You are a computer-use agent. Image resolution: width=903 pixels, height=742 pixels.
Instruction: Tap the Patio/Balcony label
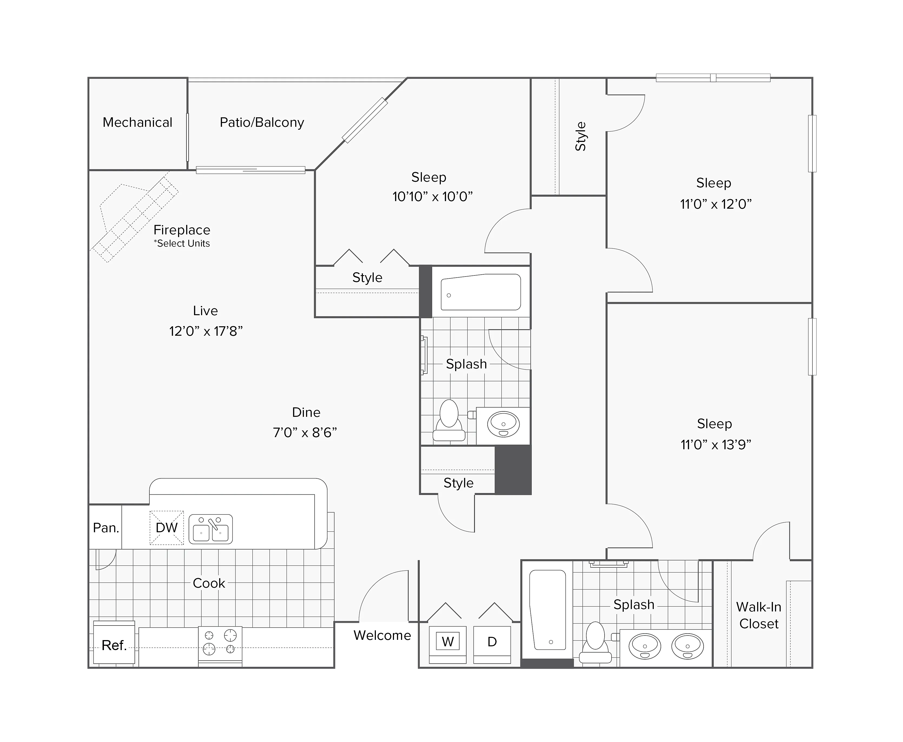click(x=262, y=123)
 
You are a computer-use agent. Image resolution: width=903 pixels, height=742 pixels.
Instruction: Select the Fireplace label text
click(x=182, y=230)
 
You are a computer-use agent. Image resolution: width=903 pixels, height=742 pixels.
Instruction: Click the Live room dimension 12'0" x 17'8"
click(x=206, y=331)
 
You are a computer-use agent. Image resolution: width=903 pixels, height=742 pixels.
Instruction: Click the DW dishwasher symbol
click(x=166, y=528)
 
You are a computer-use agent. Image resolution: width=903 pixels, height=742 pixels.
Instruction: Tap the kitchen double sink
click(x=211, y=529)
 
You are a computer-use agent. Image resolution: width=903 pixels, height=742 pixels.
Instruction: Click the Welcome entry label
click(x=382, y=635)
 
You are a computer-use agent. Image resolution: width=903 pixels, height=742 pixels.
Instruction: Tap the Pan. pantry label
click(x=106, y=528)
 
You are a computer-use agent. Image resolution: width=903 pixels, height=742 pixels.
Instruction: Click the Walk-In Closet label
click(x=759, y=615)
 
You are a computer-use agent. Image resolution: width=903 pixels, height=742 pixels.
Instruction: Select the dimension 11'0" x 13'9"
click(x=716, y=445)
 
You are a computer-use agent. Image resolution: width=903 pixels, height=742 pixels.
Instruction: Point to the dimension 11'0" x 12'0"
click(x=716, y=204)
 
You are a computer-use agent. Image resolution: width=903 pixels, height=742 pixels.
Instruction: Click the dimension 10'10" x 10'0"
click(x=432, y=197)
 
